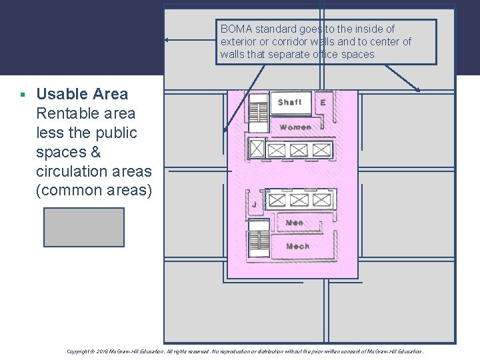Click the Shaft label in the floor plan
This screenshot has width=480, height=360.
(289, 102)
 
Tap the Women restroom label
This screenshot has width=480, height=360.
(295, 127)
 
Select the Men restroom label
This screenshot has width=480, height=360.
(294, 222)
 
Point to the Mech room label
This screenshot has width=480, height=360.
(297, 246)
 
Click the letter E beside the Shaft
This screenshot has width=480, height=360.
(323, 103)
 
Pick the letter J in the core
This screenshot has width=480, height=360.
(254, 204)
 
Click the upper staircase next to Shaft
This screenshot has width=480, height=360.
(257, 112)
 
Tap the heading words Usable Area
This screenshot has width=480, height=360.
(82, 94)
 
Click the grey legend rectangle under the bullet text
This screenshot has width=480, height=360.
(84, 227)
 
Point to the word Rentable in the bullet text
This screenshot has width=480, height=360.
(66, 113)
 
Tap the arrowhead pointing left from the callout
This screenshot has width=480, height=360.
(167, 40)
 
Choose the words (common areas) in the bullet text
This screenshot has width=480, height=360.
(94, 190)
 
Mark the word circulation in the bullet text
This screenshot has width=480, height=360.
(71, 171)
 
